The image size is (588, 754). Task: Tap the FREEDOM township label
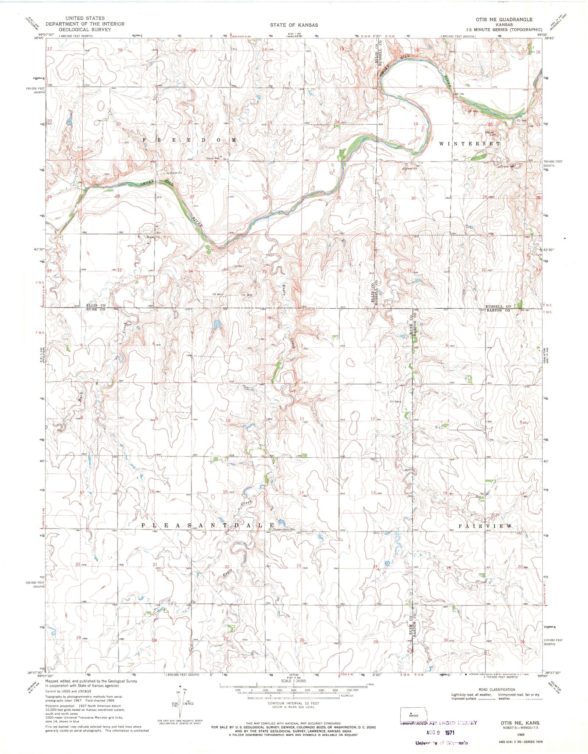click(x=190, y=140)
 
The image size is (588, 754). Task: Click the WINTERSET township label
click(x=470, y=144)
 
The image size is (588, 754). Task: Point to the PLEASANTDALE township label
click(x=208, y=526)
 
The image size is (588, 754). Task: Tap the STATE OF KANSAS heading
click(x=294, y=25)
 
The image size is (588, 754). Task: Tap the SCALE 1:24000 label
click(x=293, y=681)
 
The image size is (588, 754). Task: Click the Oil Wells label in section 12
click(x=392, y=402)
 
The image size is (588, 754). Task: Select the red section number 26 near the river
click(x=265, y=198)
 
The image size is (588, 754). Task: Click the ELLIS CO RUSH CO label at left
click(x=96, y=307)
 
